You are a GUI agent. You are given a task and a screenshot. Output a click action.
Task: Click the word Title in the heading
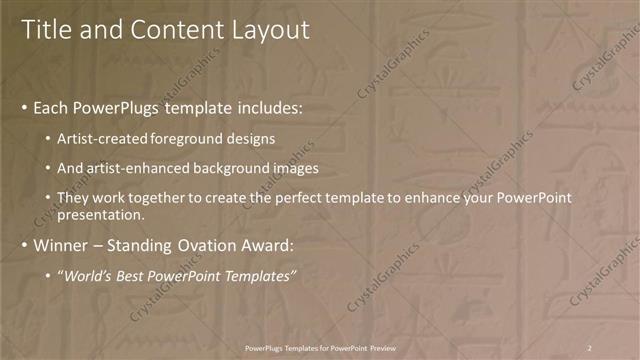click(x=46, y=30)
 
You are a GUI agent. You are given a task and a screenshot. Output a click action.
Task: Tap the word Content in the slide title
click(x=169, y=30)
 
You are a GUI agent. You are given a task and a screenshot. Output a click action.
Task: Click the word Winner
click(x=62, y=244)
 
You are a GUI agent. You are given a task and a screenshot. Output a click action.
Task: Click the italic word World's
click(x=90, y=275)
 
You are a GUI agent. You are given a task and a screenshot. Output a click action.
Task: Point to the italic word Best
click(x=133, y=275)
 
